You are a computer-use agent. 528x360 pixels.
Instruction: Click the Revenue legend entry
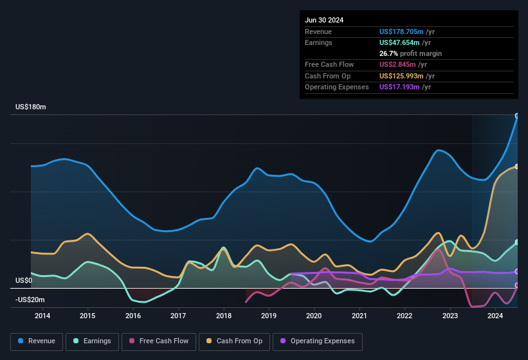point(37,341)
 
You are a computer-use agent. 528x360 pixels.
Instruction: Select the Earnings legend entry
point(92,341)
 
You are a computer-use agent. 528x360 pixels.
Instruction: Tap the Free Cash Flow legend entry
point(159,341)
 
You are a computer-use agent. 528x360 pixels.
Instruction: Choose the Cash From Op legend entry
point(234,341)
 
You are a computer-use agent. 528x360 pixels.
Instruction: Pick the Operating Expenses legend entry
point(317,341)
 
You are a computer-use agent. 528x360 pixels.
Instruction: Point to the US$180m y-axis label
point(31,107)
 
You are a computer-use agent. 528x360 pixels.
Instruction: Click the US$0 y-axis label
point(24,280)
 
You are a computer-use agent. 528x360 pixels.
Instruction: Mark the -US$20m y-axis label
point(30,300)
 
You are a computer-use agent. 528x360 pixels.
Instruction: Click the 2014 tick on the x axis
point(42,316)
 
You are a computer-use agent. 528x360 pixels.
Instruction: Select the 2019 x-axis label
point(269,316)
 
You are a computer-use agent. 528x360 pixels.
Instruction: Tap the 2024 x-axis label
point(495,316)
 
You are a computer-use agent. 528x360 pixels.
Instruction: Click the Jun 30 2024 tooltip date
point(324,20)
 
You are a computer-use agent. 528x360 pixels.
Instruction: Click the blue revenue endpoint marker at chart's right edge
point(517,116)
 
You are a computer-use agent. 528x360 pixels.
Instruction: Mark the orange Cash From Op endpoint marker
point(517,166)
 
